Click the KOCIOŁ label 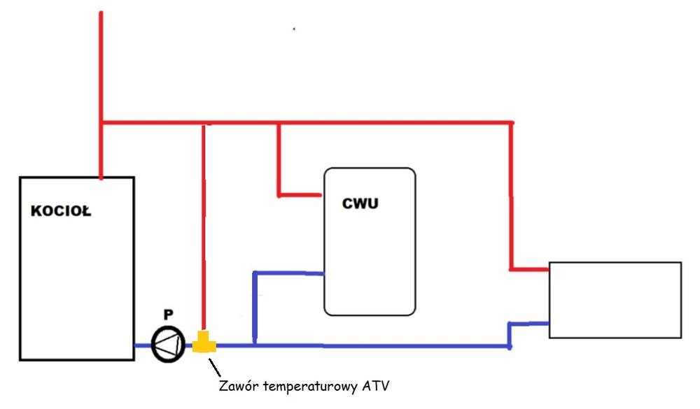pos(61,212)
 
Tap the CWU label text pos(361,203)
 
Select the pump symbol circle pos(166,345)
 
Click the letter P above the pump pos(167,315)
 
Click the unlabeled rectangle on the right pos(615,300)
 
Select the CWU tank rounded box pos(369,259)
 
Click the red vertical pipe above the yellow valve pos(203,231)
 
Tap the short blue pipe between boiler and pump pos(141,345)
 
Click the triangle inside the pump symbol pos(164,345)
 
